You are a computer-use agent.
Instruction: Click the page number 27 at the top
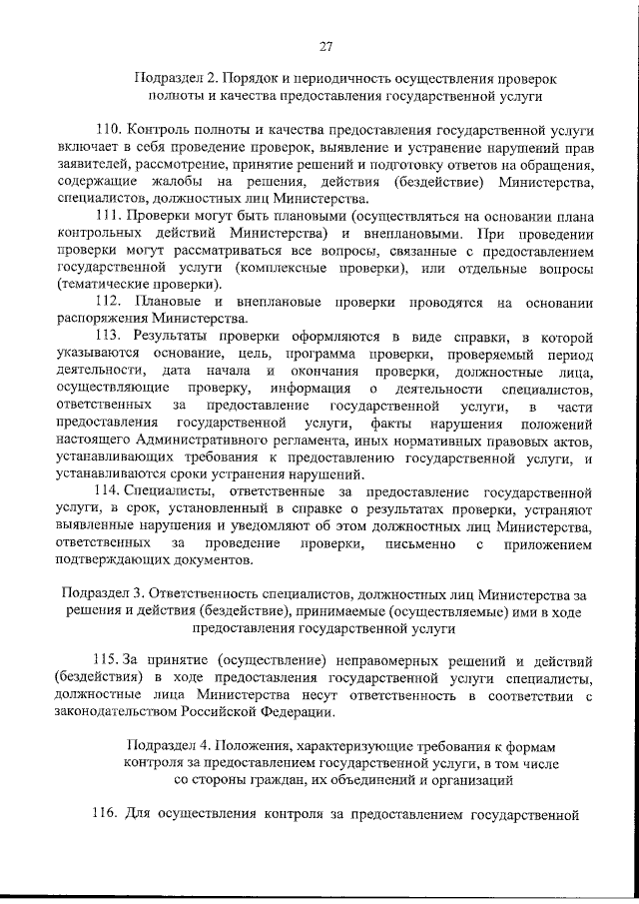pyautogui.click(x=325, y=45)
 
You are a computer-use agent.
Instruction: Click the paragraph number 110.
pyautogui.click(x=110, y=130)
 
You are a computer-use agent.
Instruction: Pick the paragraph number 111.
pyautogui.click(x=110, y=217)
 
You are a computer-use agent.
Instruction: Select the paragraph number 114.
pyautogui.click(x=107, y=492)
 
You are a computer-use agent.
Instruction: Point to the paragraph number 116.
pyautogui.click(x=108, y=815)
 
